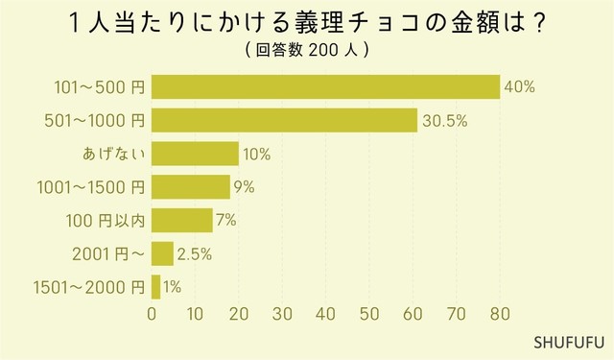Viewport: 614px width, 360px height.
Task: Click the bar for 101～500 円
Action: [326, 86]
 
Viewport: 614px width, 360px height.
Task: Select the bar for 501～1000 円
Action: [284, 120]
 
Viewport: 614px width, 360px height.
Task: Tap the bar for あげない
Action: [195, 154]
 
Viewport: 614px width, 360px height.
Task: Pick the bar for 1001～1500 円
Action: [191, 186]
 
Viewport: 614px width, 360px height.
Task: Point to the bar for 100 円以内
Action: [182, 220]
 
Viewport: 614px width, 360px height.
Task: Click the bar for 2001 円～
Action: [162, 253]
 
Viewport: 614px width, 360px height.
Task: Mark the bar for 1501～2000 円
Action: [155, 286]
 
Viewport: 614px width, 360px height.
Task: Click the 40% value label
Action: [519, 87]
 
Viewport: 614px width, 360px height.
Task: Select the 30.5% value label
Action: [442, 121]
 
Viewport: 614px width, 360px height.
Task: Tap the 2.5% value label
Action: [194, 254]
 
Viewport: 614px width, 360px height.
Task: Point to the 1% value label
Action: [172, 287]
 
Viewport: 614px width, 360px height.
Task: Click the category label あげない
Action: [113, 154]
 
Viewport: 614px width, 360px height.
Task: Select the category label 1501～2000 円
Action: [88, 287]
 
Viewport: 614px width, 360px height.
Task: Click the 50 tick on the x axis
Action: [369, 314]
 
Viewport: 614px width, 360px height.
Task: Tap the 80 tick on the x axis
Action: [500, 314]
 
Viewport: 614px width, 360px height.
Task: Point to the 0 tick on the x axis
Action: [152, 314]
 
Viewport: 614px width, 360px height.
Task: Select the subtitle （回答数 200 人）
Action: [307, 49]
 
